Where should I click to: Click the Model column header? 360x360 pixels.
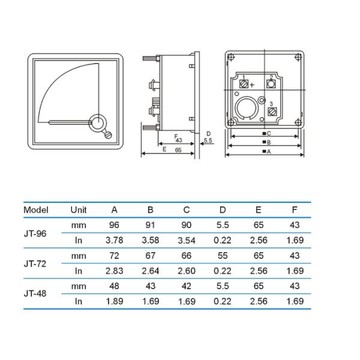(x=35, y=210)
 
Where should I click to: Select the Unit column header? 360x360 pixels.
(x=78, y=210)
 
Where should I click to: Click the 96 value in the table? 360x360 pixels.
(x=114, y=225)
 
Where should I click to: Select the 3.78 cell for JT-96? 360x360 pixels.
(x=114, y=240)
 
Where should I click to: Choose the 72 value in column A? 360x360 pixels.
(x=114, y=256)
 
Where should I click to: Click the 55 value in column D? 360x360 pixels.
(x=222, y=256)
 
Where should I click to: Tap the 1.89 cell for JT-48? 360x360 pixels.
(x=114, y=301)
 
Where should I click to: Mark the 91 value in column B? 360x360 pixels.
(x=150, y=225)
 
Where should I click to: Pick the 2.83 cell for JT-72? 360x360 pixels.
(x=114, y=271)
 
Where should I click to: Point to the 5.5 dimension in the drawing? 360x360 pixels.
(x=208, y=140)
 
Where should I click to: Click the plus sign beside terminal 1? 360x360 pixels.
(x=252, y=85)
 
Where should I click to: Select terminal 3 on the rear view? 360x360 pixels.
(x=271, y=111)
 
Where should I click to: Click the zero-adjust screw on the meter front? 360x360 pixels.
(x=108, y=134)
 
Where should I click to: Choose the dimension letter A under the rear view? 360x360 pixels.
(x=269, y=152)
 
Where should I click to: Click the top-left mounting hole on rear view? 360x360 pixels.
(x=232, y=58)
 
